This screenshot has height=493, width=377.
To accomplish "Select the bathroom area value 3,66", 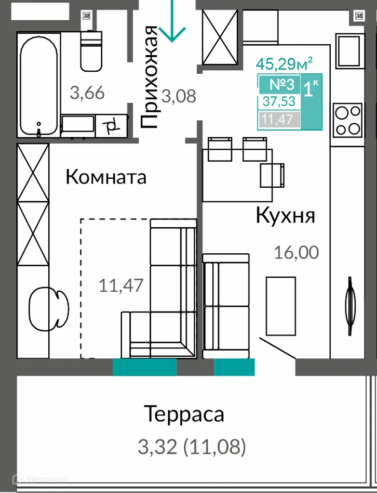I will tap(87, 94).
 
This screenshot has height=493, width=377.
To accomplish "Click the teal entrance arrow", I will tap(172, 23).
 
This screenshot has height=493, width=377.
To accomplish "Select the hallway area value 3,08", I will tap(179, 96).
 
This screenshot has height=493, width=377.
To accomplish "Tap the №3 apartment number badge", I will tap(281, 84).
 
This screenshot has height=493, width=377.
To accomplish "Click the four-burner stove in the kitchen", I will tap(347, 119).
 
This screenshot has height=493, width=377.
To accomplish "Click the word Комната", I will tap(106, 177).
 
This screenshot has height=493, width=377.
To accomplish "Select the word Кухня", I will tap(285, 215).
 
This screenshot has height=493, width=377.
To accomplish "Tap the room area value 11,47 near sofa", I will tap(120, 285).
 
